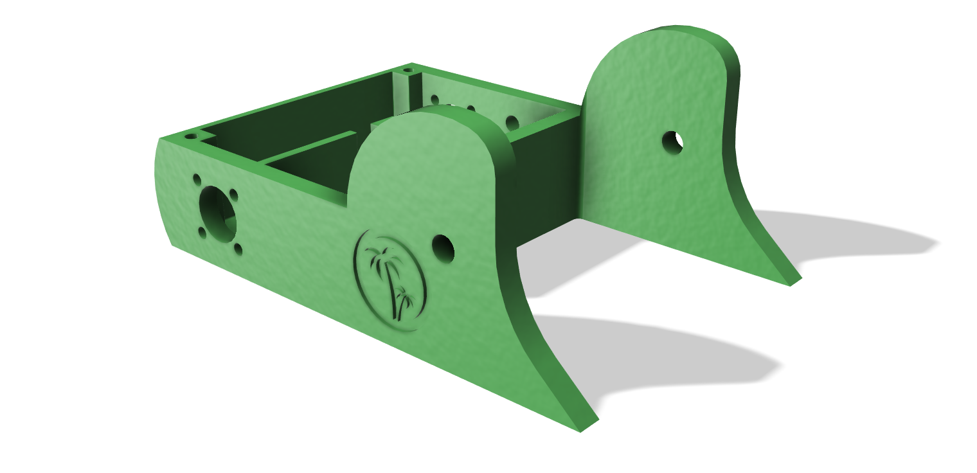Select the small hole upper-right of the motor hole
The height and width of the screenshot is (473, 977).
(233, 194)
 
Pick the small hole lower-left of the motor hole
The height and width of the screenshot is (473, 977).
(202, 232)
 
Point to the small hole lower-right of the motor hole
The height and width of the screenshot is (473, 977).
(238, 249)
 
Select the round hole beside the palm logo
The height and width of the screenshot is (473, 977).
(443, 247)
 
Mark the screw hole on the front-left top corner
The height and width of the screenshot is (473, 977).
(191, 137)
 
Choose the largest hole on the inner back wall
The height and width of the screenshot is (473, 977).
(512, 122)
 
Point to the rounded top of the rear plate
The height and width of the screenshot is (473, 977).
(668, 35)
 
